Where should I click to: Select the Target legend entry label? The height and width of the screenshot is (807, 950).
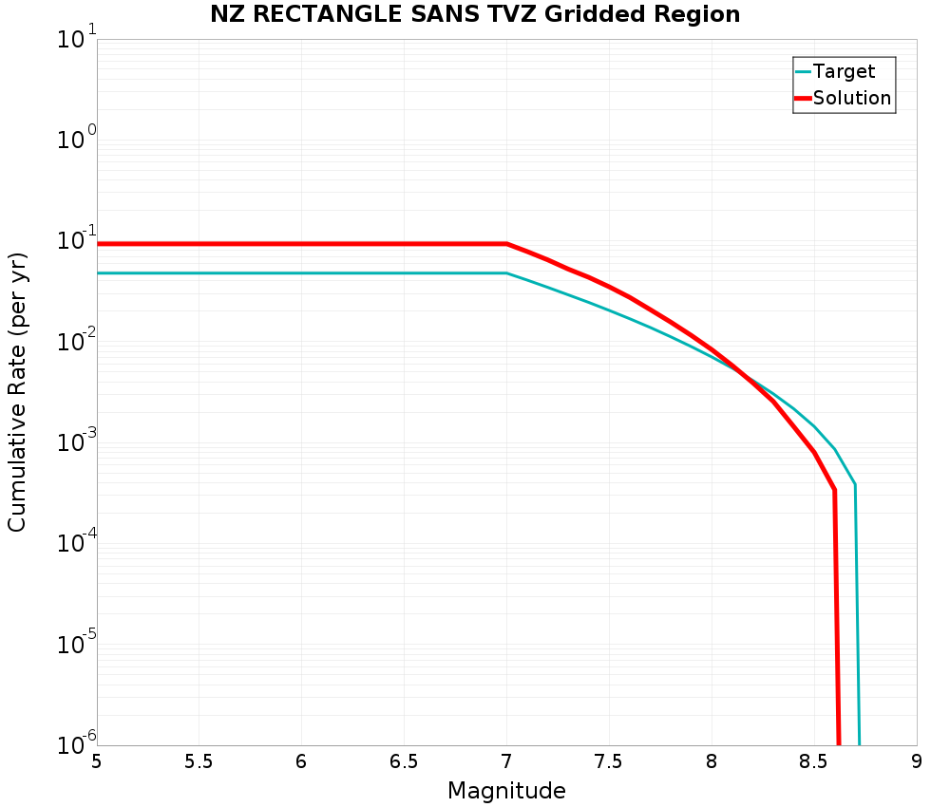[844, 71]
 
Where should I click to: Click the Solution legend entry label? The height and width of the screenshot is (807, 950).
[852, 98]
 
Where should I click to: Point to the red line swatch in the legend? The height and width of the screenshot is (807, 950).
[803, 98]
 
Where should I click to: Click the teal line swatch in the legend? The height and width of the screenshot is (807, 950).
[803, 71]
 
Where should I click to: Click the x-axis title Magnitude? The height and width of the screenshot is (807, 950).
[506, 791]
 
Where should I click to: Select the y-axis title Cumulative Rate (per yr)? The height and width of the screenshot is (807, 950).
[17, 392]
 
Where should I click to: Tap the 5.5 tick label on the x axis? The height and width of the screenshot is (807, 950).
[199, 761]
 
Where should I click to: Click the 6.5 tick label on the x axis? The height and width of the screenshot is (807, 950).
[404, 761]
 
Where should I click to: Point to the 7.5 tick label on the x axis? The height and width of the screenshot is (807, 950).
[609, 761]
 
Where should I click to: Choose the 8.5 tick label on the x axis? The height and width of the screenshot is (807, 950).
[813, 761]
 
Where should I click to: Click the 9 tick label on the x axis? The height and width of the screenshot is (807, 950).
[917, 761]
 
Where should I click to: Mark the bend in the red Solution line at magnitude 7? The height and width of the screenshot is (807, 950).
[506, 244]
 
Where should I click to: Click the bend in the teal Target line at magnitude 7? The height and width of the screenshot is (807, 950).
[506, 273]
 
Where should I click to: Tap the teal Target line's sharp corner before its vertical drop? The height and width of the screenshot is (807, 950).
[855, 485]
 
